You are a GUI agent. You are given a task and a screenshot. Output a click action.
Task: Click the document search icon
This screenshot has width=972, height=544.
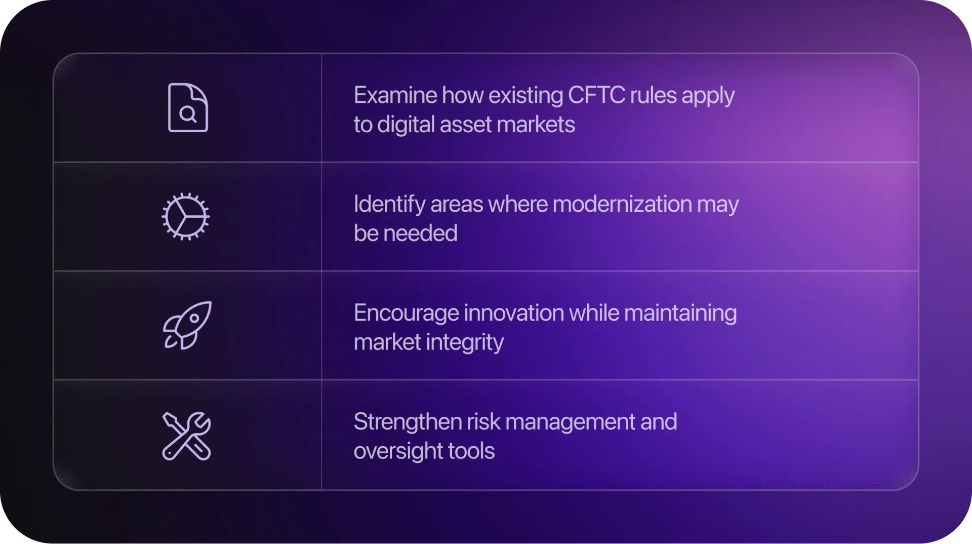[x=188, y=107]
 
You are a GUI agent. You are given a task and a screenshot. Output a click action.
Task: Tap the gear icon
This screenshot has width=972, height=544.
[x=186, y=216]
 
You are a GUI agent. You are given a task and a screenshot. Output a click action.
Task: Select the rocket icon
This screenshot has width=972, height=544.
[x=187, y=325]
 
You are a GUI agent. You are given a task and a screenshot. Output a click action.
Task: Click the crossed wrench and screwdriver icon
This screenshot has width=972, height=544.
[x=186, y=436]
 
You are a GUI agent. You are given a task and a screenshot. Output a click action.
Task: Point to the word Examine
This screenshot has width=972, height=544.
[x=395, y=95]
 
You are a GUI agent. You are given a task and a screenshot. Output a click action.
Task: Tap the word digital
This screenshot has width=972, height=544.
[x=406, y=125]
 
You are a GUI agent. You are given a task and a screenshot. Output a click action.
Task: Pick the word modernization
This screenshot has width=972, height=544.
[x=622, y=204]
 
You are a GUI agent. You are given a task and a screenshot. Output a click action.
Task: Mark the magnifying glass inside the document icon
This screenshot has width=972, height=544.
[x=188, y=114]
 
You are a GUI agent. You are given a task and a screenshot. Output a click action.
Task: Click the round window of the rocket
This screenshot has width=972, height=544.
[x=194, y=319]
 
